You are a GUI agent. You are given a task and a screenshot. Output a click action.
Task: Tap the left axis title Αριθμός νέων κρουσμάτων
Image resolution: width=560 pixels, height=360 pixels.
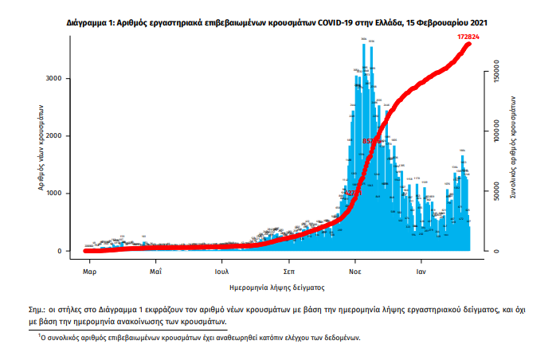(x=41, y=150)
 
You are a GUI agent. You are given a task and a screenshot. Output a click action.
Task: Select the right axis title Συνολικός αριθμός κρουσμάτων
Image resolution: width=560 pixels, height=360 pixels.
(x=515, y=150)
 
